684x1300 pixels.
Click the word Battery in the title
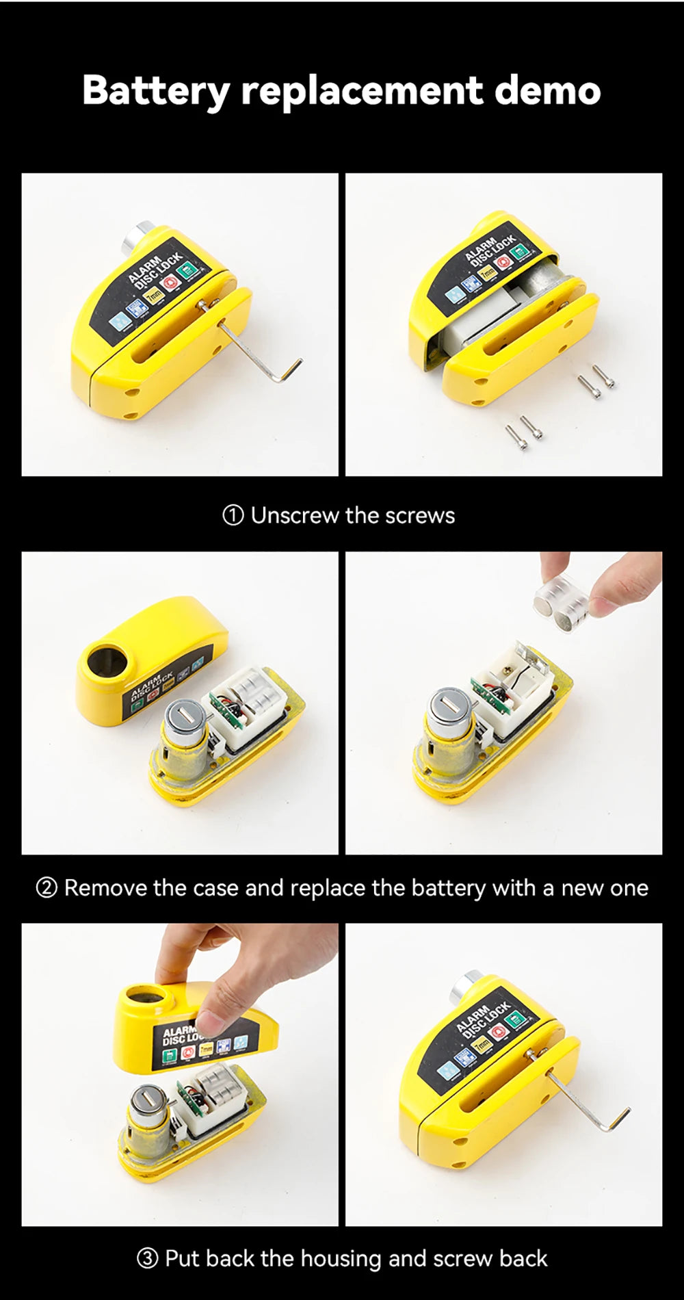[x=156, y=90]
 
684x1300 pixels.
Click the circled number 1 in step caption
[x=233, y=515]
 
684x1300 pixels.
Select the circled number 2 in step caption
[x=46, y=888]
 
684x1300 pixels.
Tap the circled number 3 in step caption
[x=147, y=1259]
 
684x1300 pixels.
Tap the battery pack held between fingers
[x=561, y=602]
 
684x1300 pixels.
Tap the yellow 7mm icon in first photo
[x=154, y=296]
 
